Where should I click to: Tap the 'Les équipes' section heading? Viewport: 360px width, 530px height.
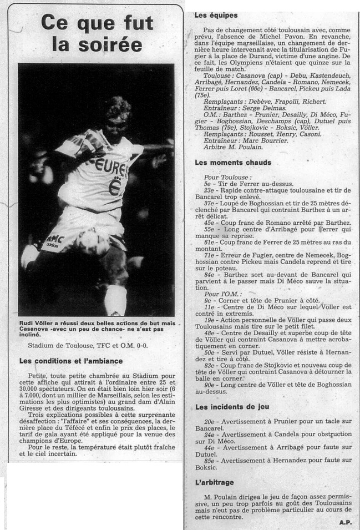[216, 15]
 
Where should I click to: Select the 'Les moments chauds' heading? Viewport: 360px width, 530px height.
[234, 163]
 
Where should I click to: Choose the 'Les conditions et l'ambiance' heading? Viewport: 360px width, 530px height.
[70, 361]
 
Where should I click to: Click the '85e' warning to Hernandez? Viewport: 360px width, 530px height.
[209, 460]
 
